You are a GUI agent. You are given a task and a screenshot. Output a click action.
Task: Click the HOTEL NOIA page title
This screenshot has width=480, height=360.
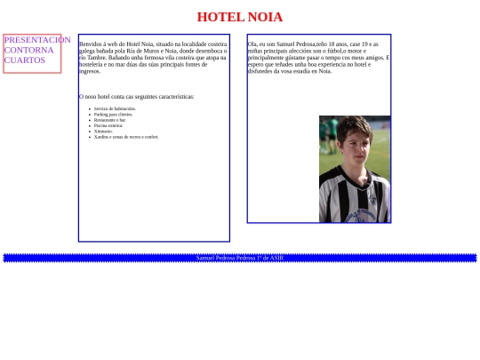239,17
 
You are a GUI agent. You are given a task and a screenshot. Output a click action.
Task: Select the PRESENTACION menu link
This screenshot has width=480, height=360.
36,40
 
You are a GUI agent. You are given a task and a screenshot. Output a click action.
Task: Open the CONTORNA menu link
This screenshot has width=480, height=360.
28,50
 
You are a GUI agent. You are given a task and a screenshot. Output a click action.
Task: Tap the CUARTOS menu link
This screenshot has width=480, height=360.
24,60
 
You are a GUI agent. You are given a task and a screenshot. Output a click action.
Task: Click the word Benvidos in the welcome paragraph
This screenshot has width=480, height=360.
91,44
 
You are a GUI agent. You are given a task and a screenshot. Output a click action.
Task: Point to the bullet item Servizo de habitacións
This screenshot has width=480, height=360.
115,108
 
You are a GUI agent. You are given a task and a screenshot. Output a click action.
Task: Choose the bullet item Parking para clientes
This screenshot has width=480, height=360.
113,115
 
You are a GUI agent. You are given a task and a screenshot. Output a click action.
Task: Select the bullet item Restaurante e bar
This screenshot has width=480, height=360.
110,120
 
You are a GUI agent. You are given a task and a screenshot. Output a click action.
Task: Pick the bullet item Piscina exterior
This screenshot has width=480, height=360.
108,125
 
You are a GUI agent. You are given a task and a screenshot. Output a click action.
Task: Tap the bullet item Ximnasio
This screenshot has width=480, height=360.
103,132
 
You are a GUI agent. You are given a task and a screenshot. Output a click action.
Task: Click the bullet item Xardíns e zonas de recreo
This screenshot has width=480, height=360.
125,137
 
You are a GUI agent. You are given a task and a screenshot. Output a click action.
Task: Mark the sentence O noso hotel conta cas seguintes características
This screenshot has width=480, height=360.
136,96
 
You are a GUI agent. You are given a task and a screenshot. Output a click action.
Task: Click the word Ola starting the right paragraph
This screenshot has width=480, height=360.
252,44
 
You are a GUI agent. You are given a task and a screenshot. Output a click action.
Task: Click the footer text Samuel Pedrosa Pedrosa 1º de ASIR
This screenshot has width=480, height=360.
240,258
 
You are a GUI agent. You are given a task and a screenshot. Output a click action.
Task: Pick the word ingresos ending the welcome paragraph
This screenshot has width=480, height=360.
90,71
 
